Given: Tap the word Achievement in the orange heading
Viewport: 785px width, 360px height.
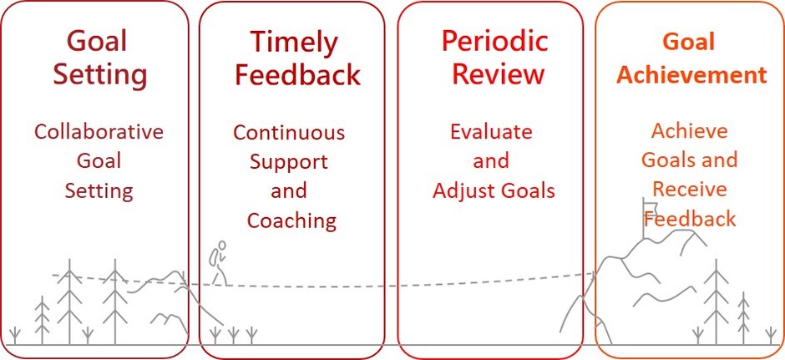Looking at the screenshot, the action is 691,75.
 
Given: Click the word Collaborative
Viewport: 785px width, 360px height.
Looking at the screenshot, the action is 99,132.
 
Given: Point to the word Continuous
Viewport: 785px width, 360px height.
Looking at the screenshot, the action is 289,133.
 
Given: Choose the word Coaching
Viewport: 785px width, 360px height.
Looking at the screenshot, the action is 291,221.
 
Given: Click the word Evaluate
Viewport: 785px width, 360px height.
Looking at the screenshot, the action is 491,132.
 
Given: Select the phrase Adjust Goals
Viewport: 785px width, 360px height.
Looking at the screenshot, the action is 494,190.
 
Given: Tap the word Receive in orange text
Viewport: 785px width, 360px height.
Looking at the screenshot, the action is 689,190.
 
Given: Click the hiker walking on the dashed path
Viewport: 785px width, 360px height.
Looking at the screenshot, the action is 220,263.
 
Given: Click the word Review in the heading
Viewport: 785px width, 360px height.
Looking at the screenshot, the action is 498,74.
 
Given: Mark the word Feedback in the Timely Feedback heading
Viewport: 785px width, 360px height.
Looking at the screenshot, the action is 298,74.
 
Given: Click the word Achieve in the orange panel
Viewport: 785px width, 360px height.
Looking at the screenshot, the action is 689,131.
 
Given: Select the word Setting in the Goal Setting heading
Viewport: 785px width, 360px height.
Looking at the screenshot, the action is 100,75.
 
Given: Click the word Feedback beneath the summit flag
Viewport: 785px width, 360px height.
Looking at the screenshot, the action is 690,219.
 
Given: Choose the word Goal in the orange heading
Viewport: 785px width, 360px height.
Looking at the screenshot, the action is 689,42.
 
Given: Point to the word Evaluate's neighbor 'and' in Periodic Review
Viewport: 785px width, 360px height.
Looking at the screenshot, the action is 491,161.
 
